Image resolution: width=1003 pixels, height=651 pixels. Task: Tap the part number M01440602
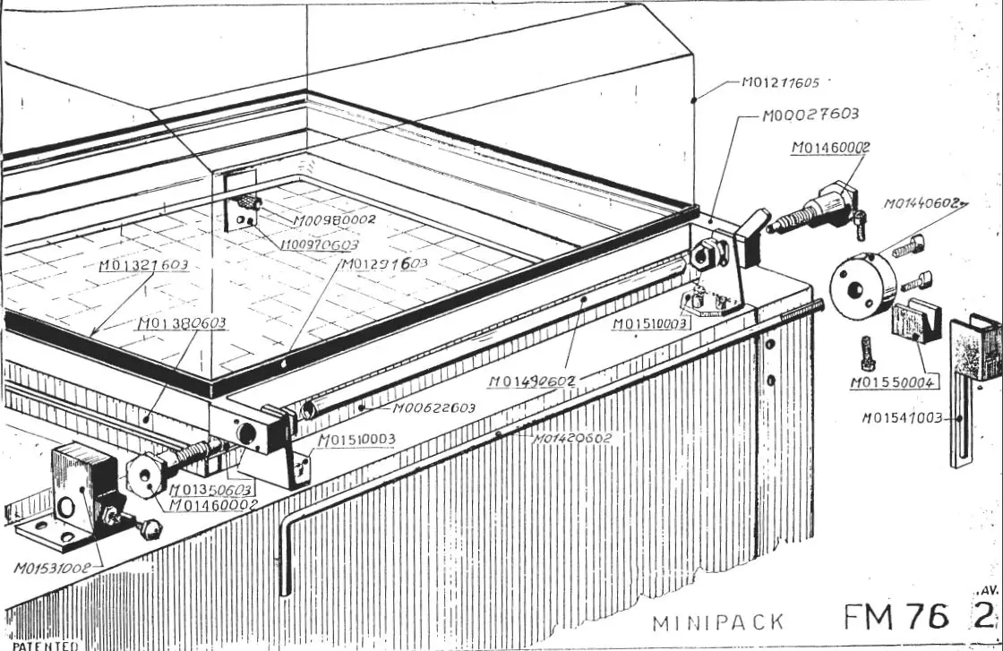click(924, 203)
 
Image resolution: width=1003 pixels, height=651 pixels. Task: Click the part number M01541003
click(904, 417)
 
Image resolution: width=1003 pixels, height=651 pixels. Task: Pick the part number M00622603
click(433, 408)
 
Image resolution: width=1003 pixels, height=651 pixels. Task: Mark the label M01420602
click(572, 439)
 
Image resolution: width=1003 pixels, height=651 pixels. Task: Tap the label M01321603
click(143, 265)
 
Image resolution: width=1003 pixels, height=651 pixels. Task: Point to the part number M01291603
click(383, 264)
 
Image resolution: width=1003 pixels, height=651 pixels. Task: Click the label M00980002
click(333, 218)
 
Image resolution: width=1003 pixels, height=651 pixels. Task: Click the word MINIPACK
click(718, 622)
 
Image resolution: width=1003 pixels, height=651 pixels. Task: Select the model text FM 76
click(896, 617)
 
